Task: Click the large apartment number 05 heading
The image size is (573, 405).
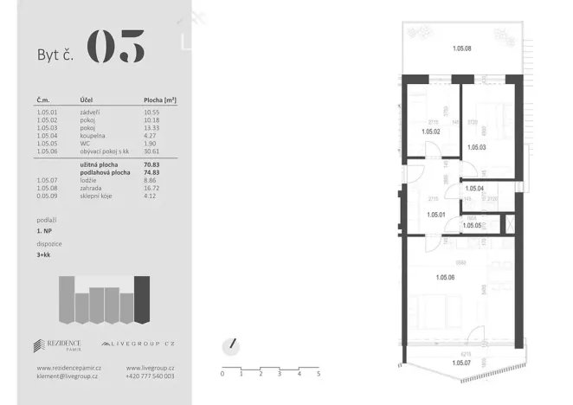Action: (116, 48)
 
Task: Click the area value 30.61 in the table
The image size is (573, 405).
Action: (152, 151)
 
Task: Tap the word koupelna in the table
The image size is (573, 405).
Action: (93, 135)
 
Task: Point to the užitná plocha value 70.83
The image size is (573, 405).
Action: (152, 164)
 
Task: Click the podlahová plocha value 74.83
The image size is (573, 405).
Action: (152, 172)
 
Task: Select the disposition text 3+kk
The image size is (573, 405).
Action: (45, 254)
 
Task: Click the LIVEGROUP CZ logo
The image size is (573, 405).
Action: (138, 344)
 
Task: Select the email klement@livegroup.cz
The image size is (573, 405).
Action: (66, 376)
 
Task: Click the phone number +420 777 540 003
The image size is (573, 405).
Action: (150, 376)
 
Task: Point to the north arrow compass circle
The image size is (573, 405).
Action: (230, 344)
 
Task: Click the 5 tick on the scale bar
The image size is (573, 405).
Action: (318, 374)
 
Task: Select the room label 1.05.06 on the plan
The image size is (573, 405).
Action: (446, 276)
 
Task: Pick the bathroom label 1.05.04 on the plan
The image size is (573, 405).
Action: (474, 188)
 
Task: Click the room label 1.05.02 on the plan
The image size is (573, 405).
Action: (431, 132)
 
